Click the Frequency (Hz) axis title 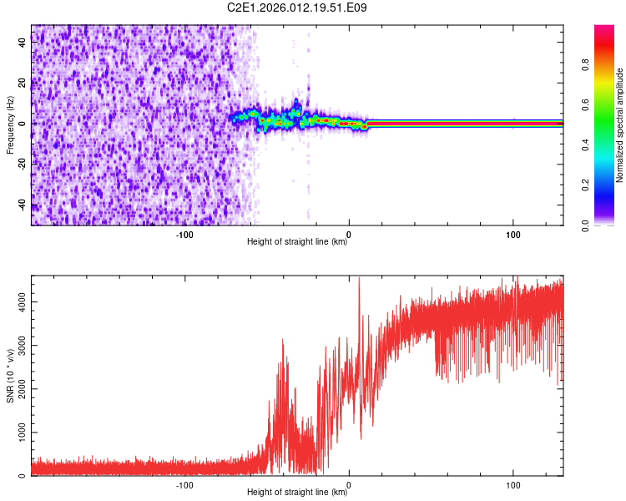10,125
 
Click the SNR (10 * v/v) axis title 10,376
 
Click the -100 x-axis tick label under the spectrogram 184,235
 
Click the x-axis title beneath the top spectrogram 297,242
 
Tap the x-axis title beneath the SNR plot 297,493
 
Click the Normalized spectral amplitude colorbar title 619,125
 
